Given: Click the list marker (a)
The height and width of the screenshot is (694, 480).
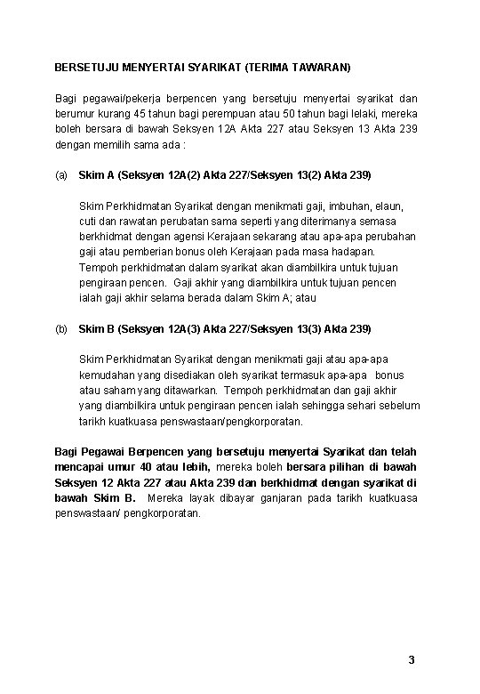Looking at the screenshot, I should coord(60,174).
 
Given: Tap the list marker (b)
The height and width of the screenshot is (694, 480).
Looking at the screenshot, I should coord(60,329).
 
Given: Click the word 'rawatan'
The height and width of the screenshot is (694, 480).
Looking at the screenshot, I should coord(131,221).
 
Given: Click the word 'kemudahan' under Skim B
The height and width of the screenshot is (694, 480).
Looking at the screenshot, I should coord(106,375).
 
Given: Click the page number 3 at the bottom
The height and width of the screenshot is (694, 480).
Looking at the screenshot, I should coord(411,660).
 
